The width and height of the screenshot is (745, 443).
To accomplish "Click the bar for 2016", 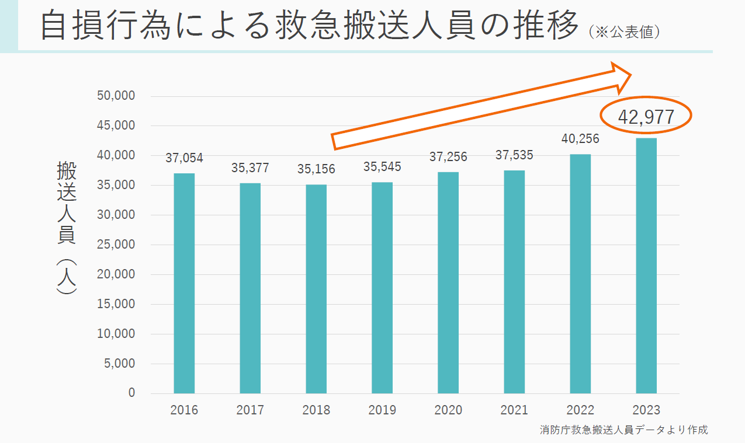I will [x=184, y=283].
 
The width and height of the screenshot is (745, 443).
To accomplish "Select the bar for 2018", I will [x=316, y=289].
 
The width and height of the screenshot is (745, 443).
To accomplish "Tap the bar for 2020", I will [x=448, y=282].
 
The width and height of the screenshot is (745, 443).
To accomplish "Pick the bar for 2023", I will [x=646, y=266].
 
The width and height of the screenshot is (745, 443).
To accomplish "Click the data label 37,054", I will [x=184, y=159].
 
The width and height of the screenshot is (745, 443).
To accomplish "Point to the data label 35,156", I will [x=316, y=170].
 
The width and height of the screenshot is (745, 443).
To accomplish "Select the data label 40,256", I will [x=580, y=139].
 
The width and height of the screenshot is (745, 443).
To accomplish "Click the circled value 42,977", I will [x=646, y=117].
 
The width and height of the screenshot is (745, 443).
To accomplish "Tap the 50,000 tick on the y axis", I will [x=115, y=96].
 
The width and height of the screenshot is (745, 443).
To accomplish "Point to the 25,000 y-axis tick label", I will [x=115, y=245].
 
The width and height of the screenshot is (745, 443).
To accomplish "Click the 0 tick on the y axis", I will [x=131, y=393].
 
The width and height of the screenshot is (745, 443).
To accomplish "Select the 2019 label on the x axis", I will [x=382, y=410].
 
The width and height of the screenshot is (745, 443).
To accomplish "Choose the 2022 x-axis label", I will [x=580, y=410].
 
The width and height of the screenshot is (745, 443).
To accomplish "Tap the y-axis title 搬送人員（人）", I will [x=67, y=228].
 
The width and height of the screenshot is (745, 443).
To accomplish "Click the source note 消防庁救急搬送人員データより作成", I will [x=623, y=430].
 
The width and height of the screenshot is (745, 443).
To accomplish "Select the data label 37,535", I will [x=514, y=155].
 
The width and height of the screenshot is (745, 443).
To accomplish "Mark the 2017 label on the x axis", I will [x=250, y=410].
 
